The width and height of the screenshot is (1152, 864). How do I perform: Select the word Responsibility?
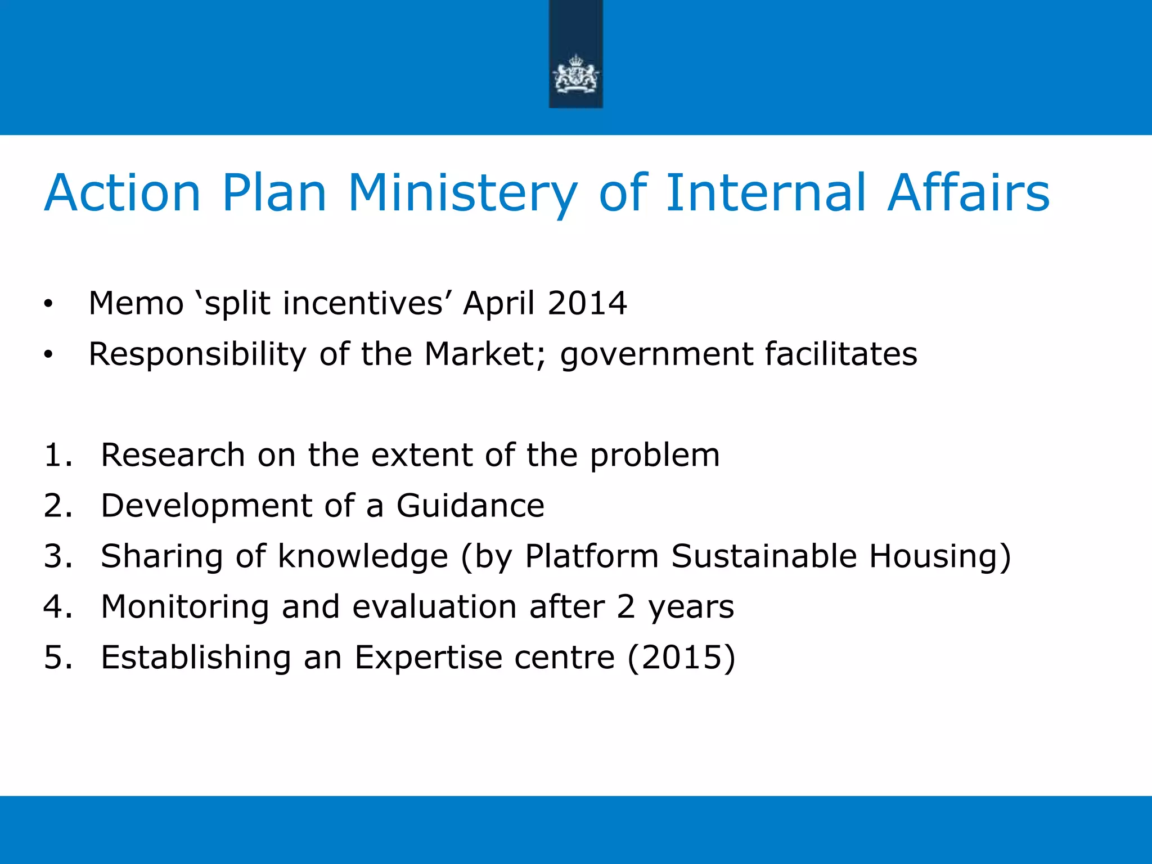pos(197,354)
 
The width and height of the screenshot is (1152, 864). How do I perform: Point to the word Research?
pos(173,454)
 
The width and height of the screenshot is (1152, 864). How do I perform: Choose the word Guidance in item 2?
pos(470,505)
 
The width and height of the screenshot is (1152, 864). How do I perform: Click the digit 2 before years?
pos(626,606)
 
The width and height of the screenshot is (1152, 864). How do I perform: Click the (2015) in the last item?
pos(681,657)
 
